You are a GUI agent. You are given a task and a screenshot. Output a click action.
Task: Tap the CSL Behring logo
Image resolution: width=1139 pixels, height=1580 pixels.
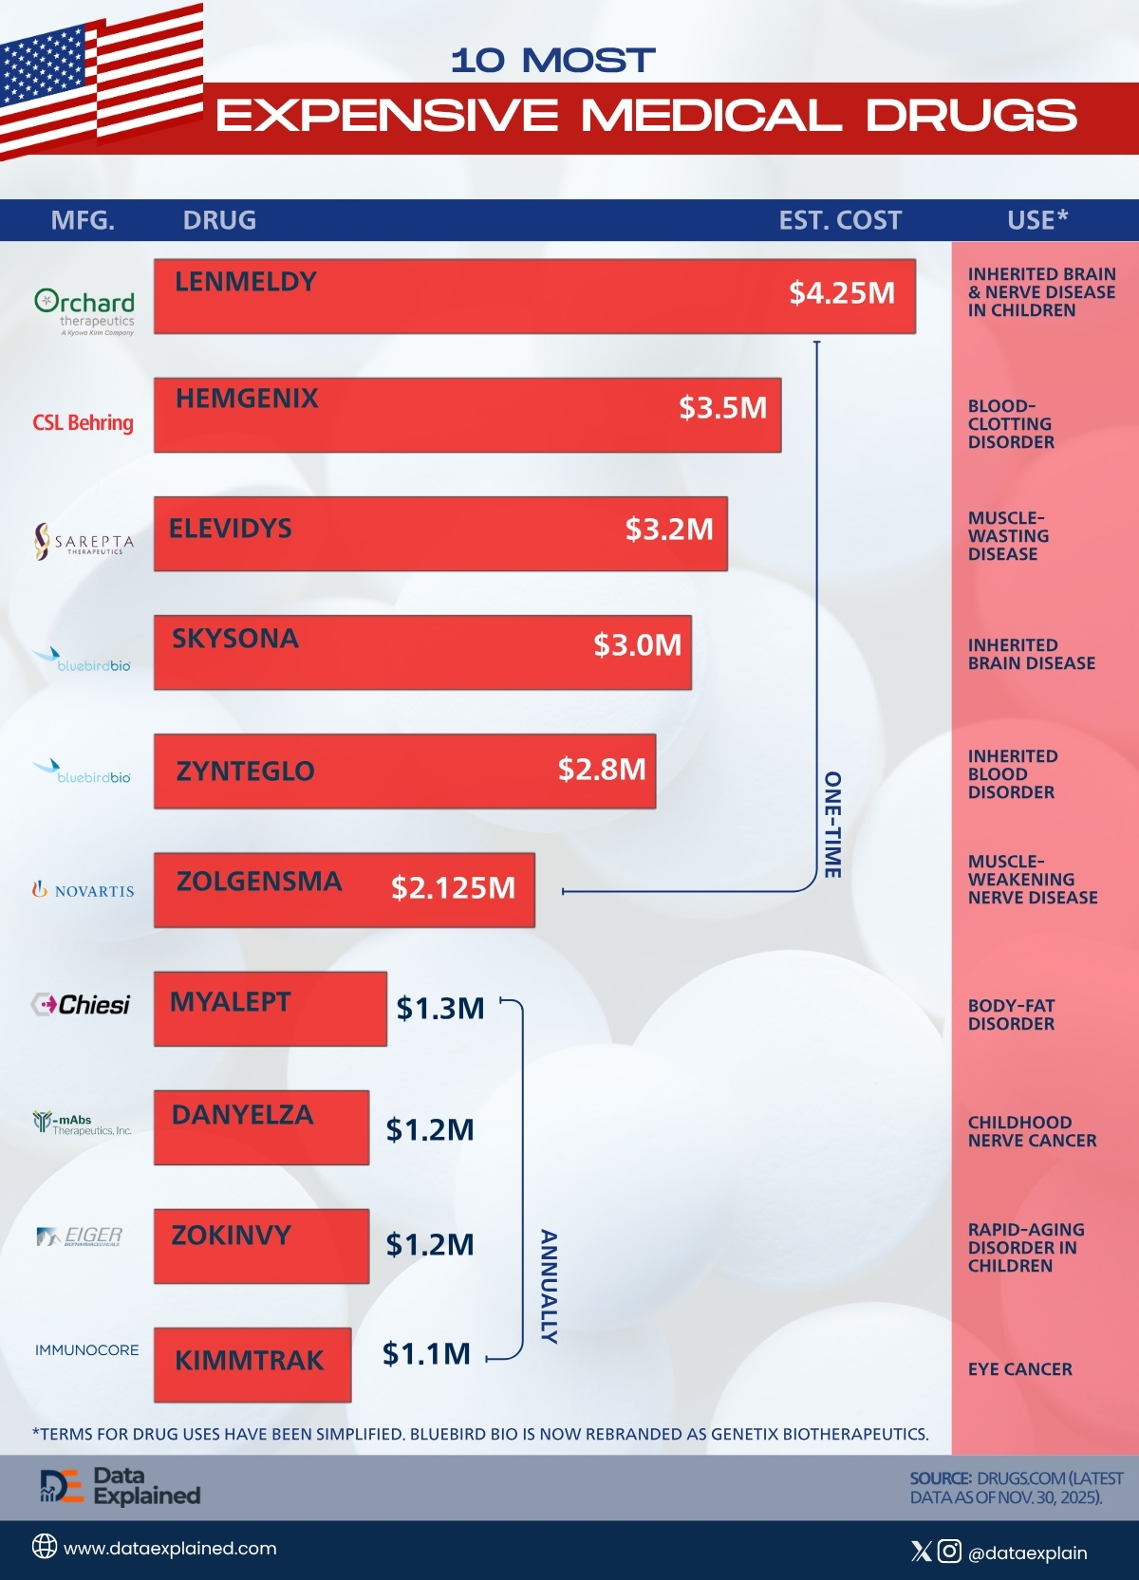click(84, 422)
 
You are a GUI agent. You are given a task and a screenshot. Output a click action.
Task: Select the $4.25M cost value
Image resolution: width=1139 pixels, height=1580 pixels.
click(842, 292)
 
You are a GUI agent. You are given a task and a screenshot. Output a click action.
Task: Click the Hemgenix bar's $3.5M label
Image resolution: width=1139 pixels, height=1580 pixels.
click(722, 408)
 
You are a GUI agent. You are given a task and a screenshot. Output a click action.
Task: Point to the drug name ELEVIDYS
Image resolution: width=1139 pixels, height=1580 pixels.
click(230, 529)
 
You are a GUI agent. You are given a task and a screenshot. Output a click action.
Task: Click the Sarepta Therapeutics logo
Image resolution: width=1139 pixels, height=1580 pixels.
click(84, 542)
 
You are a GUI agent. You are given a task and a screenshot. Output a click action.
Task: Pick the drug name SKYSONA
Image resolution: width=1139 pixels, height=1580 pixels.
click(235, 639)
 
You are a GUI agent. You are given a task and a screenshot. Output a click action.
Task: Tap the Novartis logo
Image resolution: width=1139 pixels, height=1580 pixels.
click(84, 890)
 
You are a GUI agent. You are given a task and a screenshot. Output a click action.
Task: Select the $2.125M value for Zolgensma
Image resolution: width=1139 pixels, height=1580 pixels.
click(454, 888)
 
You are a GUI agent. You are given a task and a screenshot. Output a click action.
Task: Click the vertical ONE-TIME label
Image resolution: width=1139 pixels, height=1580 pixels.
click(832, 825)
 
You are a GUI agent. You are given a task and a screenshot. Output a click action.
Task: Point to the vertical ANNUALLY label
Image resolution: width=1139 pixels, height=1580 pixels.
click(549, 1287)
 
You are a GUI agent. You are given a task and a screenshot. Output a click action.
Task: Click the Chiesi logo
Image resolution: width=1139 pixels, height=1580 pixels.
click(81, 1004)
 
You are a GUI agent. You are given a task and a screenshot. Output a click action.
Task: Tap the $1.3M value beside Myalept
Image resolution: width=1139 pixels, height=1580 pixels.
click(440, 1009)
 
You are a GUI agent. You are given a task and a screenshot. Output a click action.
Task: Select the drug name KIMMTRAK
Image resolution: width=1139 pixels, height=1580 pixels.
click(249, 1361)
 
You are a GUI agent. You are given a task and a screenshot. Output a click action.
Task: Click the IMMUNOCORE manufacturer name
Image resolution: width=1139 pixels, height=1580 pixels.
click(86, 1350)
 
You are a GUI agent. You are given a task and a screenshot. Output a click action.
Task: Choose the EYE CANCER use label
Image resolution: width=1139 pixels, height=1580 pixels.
click(1019, 1369)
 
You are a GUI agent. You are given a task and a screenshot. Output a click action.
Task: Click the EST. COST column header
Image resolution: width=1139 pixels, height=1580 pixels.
click(840, 221)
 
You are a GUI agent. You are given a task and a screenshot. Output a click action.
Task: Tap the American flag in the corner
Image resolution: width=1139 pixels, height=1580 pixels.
click(102, 81)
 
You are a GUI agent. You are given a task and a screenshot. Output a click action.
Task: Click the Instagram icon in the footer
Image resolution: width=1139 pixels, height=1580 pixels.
click(949, 1552)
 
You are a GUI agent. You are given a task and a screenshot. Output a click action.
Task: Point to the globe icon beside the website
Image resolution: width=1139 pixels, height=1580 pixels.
click(45, 1546)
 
